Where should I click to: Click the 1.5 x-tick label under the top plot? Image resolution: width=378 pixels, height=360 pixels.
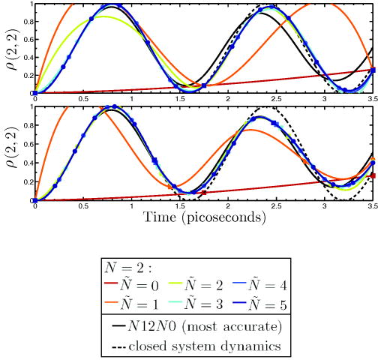[180, 98]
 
